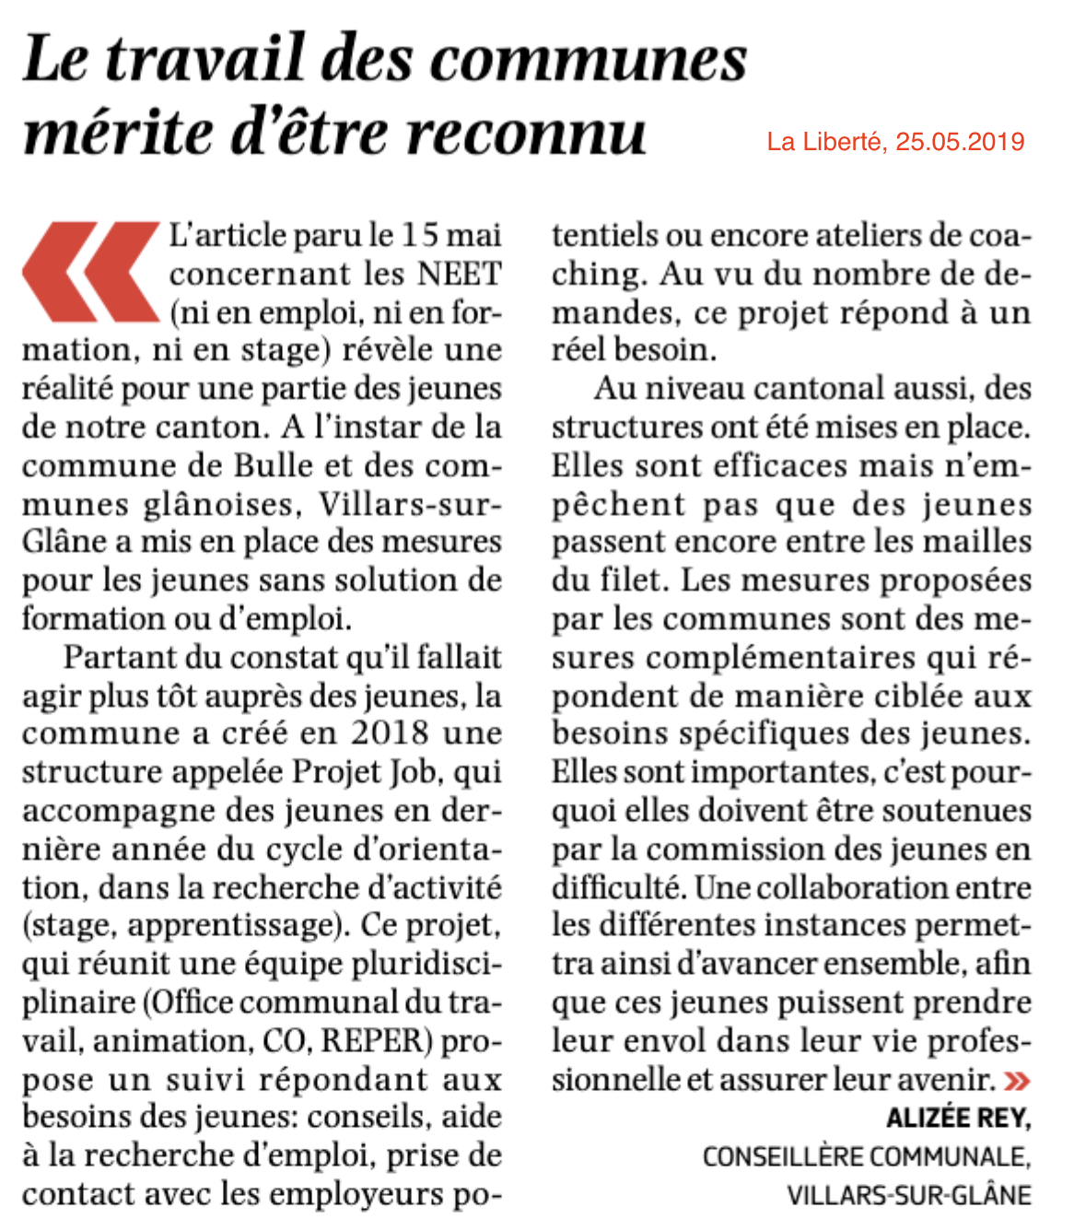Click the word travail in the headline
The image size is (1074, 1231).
(x=217, y=58)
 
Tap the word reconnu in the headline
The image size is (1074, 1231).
(x=526, y=133)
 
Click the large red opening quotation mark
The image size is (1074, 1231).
(x=89, y=272)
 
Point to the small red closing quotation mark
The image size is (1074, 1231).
(x=1017, y=1081)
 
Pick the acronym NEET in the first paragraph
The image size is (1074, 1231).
(x=460, y=275)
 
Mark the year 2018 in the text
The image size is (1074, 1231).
(x=389, y=733)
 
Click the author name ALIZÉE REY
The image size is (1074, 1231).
(x=958, y=1119)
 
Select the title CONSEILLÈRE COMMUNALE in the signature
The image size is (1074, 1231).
(x=866, y=1157)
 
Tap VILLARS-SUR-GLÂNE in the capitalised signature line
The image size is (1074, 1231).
(x=908, y=1196)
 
